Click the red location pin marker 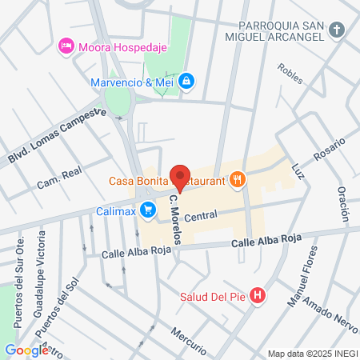point(180,178)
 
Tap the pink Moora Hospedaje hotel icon point(66,46)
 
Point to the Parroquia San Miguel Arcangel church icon point(338,31)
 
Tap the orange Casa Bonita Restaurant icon point(236,180)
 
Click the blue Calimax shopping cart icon point(147,210)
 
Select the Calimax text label point(115,210)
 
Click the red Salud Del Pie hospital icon point(257,296)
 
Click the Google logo point(26,350)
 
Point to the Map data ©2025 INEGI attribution point(311,354)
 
